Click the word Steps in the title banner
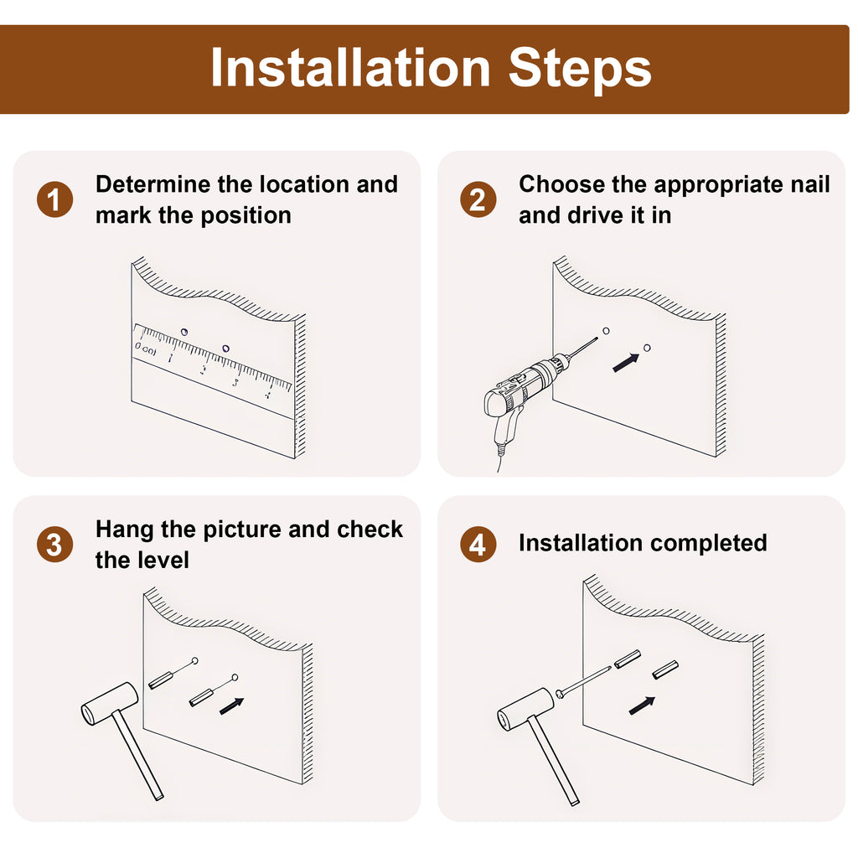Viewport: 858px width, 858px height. pyautogui.click(x=580, y=69)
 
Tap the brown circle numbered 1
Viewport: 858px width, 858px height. pyautogui.click(x=54, y=199)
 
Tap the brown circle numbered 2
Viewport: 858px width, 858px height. pyautogui.click(x=478, y=199)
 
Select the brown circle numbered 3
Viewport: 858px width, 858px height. pyautogui.click(x=54, y=545)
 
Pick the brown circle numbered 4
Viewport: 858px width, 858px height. pyautogui.click(x=478, y=545)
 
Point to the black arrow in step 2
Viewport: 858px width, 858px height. pyautogui.click(x=626, y=363)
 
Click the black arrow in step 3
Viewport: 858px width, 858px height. pyautogui.click(x=231, y=706)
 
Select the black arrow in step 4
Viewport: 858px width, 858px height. pyautogui.click(x=642, y=706)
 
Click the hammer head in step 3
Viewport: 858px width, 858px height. pyautogui.click(x=110, y=704)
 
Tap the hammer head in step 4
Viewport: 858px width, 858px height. pyautogui.click(x=526, y=710)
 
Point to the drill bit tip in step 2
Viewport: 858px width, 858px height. pyautogui.click(x=597, y=339)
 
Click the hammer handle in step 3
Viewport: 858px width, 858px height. pyautogui.click(x=137, y=755)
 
